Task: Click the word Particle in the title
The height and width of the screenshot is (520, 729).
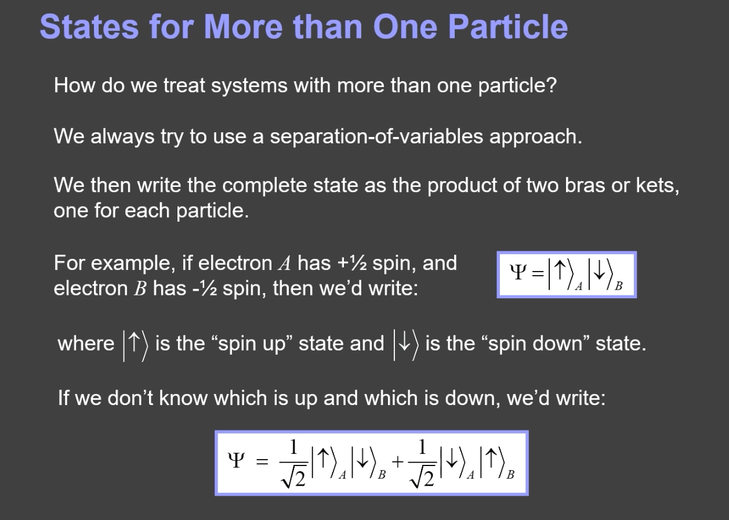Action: click(x=509, y=27)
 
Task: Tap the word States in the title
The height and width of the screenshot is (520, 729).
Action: click(x=89, y=27)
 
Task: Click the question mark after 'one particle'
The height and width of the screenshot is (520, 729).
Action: click(x=550, y=85)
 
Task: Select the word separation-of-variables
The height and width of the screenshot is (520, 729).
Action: click(x=376, y=136)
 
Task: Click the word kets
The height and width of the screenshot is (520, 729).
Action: click(x=658, y=186)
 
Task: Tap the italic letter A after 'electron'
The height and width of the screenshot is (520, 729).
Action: click(x=285, y=263)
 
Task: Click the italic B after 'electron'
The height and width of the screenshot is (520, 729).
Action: click(x=140, y=288)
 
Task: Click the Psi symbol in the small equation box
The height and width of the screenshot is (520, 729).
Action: click(x=518, y=272)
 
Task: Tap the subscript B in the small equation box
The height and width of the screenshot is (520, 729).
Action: click(x=619, y=286)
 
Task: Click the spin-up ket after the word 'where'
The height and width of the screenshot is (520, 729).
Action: click(x=135, y=345)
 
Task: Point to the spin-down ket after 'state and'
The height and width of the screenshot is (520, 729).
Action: click(x=406, y=345)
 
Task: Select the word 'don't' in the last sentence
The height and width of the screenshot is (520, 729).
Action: click(x=130, y=398)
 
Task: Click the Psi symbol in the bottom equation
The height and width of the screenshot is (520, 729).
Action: click(x=236, y=460)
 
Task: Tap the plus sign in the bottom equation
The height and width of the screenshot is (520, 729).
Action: click(x=398, y=462)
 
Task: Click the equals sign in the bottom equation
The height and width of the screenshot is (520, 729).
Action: click(x=262, y=461)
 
